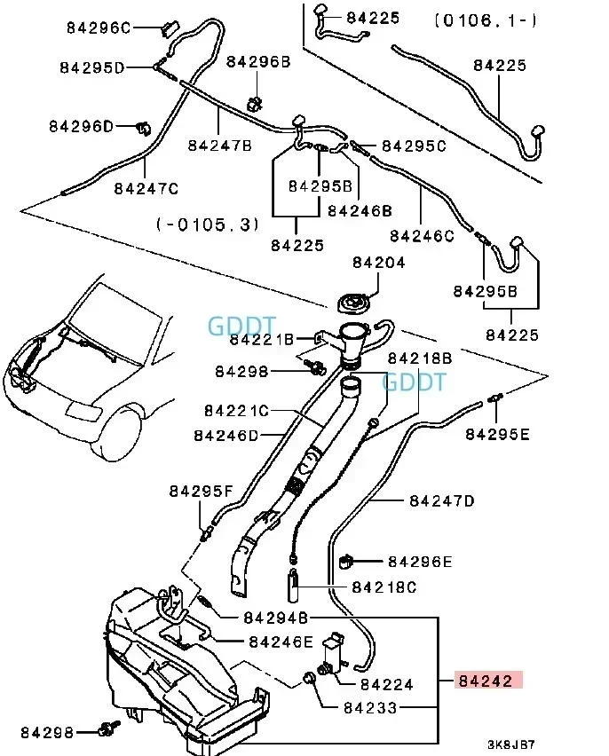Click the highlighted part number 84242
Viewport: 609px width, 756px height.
coord(485,681)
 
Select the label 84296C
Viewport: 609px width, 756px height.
coord(99,28)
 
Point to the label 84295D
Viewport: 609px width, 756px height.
coord(93,67)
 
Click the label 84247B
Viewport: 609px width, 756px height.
coord(219,144)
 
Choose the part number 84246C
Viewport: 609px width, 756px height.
coord(422,235)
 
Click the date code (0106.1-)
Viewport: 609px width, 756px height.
coord(485,20)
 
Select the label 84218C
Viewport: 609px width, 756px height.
coord(384,587)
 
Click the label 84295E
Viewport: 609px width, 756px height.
coord(497,434)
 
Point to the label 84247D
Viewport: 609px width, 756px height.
coord(441,500)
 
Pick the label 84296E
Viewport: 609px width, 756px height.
coord(420,562)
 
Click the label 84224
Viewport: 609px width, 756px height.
coord(386,684)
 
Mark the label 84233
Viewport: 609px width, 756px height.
coord(370,708)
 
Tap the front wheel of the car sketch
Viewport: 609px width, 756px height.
coord(119,433)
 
